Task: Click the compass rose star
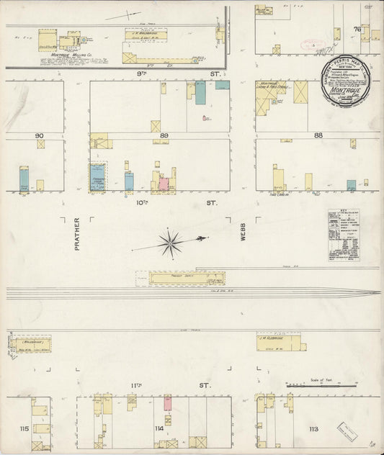click(x=170, y=242)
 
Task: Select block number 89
click(x=164, y=135)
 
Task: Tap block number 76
click(x=356, y=30)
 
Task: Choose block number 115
click(x=24, y=428)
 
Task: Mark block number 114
click(x=158, y=429)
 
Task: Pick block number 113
click(x=313, y=429)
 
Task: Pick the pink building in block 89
click(x=164, y=184)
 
